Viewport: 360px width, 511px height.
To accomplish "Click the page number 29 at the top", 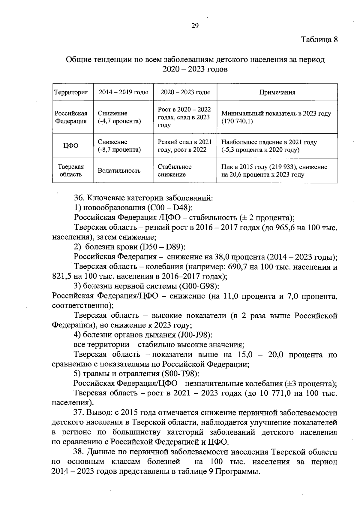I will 195,26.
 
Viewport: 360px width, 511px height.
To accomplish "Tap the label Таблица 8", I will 319,40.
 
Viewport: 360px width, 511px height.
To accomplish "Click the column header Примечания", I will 277,92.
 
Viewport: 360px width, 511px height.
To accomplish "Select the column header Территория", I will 71,92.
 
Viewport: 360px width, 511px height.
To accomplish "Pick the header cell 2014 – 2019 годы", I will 123,92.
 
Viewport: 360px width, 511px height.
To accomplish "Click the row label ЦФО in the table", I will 71,146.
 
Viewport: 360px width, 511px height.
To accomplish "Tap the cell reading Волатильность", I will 119,171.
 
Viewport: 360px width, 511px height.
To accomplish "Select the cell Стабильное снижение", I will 175,171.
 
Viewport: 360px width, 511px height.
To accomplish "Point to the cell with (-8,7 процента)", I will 119,150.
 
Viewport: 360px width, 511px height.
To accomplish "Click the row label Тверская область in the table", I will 71,171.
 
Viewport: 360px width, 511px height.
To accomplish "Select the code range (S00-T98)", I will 180,374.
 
